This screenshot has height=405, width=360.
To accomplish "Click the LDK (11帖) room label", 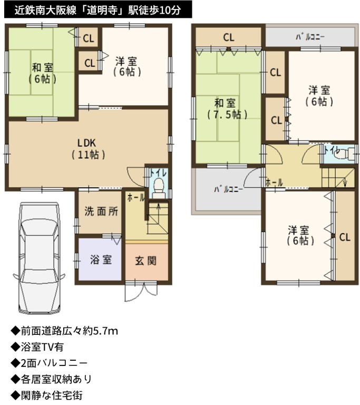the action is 88,149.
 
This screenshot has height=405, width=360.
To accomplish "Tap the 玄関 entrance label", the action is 145,261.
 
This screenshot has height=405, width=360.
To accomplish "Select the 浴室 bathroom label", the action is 101,259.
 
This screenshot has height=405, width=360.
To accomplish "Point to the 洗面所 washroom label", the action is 101,211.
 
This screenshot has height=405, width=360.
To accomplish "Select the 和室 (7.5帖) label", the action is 227,109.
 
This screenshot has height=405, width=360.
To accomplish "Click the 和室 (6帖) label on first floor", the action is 42,73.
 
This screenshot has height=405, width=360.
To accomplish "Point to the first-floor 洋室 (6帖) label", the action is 127,66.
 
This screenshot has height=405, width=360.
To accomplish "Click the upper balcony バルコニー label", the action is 310,37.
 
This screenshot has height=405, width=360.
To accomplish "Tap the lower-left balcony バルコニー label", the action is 228,189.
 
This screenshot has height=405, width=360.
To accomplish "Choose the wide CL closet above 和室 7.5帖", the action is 229,37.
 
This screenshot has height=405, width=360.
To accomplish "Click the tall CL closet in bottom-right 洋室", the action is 345,236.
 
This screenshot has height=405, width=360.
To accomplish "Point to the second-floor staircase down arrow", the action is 346,181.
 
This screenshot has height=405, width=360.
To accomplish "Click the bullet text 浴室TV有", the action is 42,347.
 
